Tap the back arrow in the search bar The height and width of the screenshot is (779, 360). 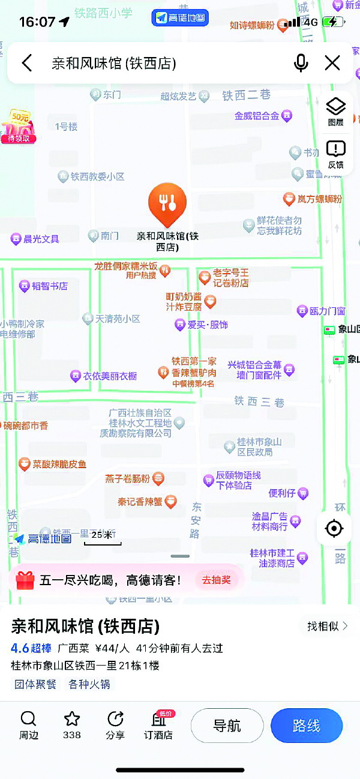pyautogui.click(x=27, y=62)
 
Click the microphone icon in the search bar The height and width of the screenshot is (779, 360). pyautogui.click(x=301, y=62)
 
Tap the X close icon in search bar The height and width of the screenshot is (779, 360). pyautogui.click(x=332, y=62)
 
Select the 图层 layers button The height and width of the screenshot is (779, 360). pyautogui.click(x=335, y=112)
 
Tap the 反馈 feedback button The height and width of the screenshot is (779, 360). pyautogui.click(x=335, y=154)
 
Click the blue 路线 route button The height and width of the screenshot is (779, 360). pyautogui.click(x=307, y=726)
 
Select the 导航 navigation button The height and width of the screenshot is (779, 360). pyautogui.click(x=227, y=726)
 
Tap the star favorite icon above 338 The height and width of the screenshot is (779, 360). pyautogui.click(x=72, y=719)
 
